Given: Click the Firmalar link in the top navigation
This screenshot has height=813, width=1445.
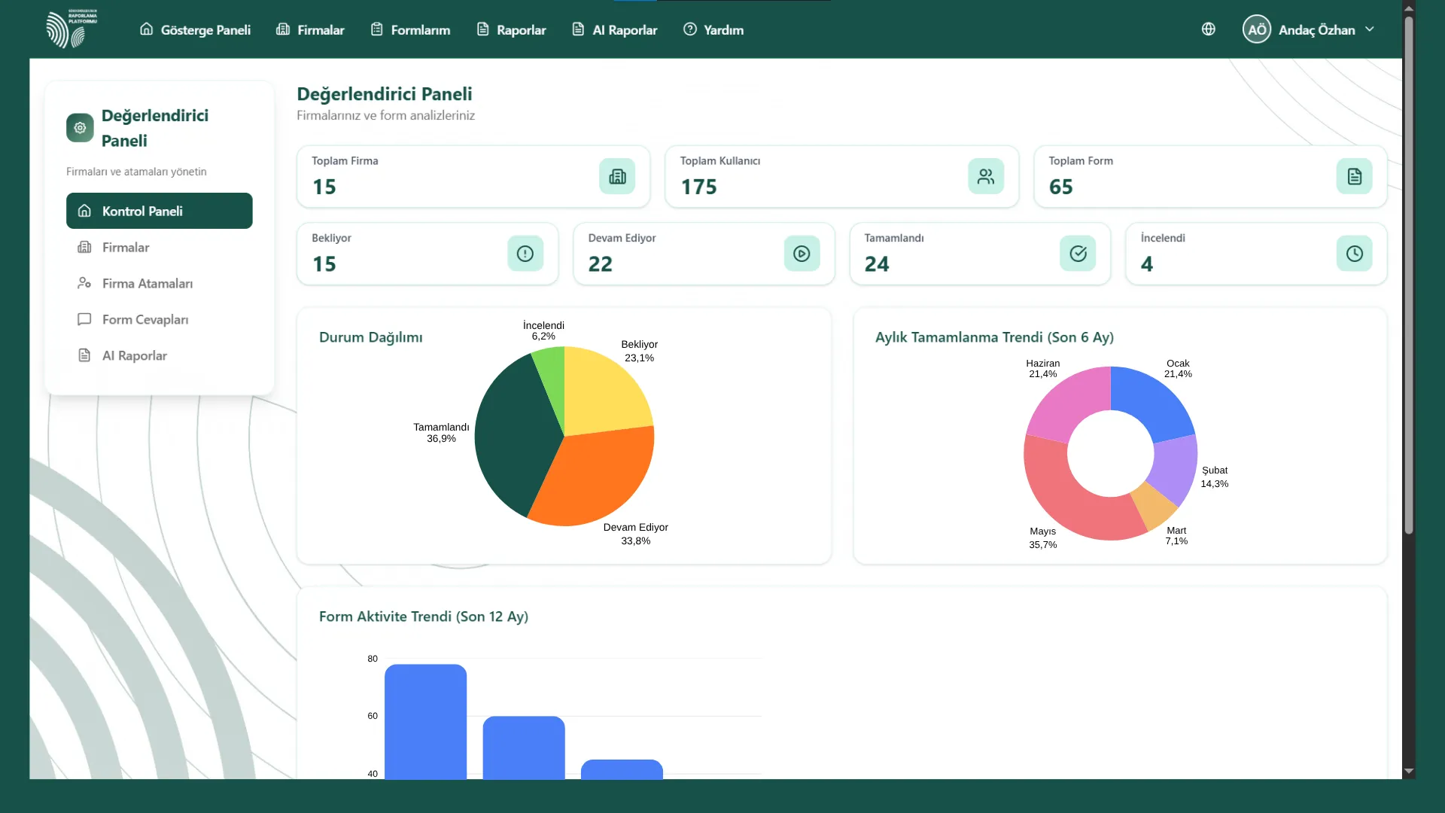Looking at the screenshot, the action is coord(310,30).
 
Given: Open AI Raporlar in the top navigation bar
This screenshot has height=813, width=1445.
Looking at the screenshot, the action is coord(615,30).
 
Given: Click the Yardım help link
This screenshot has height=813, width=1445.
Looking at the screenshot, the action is coord(713,30).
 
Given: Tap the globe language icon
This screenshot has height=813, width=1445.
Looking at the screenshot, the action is coord(1209,29).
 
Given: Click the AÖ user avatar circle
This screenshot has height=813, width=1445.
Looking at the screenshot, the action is coord(1257,29).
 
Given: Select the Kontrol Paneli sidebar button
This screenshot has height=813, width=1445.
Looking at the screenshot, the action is coord(160,211).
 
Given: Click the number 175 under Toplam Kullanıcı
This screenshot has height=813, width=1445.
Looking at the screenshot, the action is coord(699,187).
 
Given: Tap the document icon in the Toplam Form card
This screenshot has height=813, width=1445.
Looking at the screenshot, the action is coord(1355,176).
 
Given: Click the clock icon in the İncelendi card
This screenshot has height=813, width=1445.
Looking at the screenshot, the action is coord(1355,254).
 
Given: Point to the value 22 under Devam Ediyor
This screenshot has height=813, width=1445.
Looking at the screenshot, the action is coord(601,264).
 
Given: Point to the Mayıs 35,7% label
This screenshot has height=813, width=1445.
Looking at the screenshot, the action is coord(1043,537).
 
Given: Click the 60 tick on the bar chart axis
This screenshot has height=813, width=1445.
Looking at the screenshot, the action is coord(373,716).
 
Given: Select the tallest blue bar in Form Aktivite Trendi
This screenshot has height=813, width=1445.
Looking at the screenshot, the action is coord(426,721).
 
